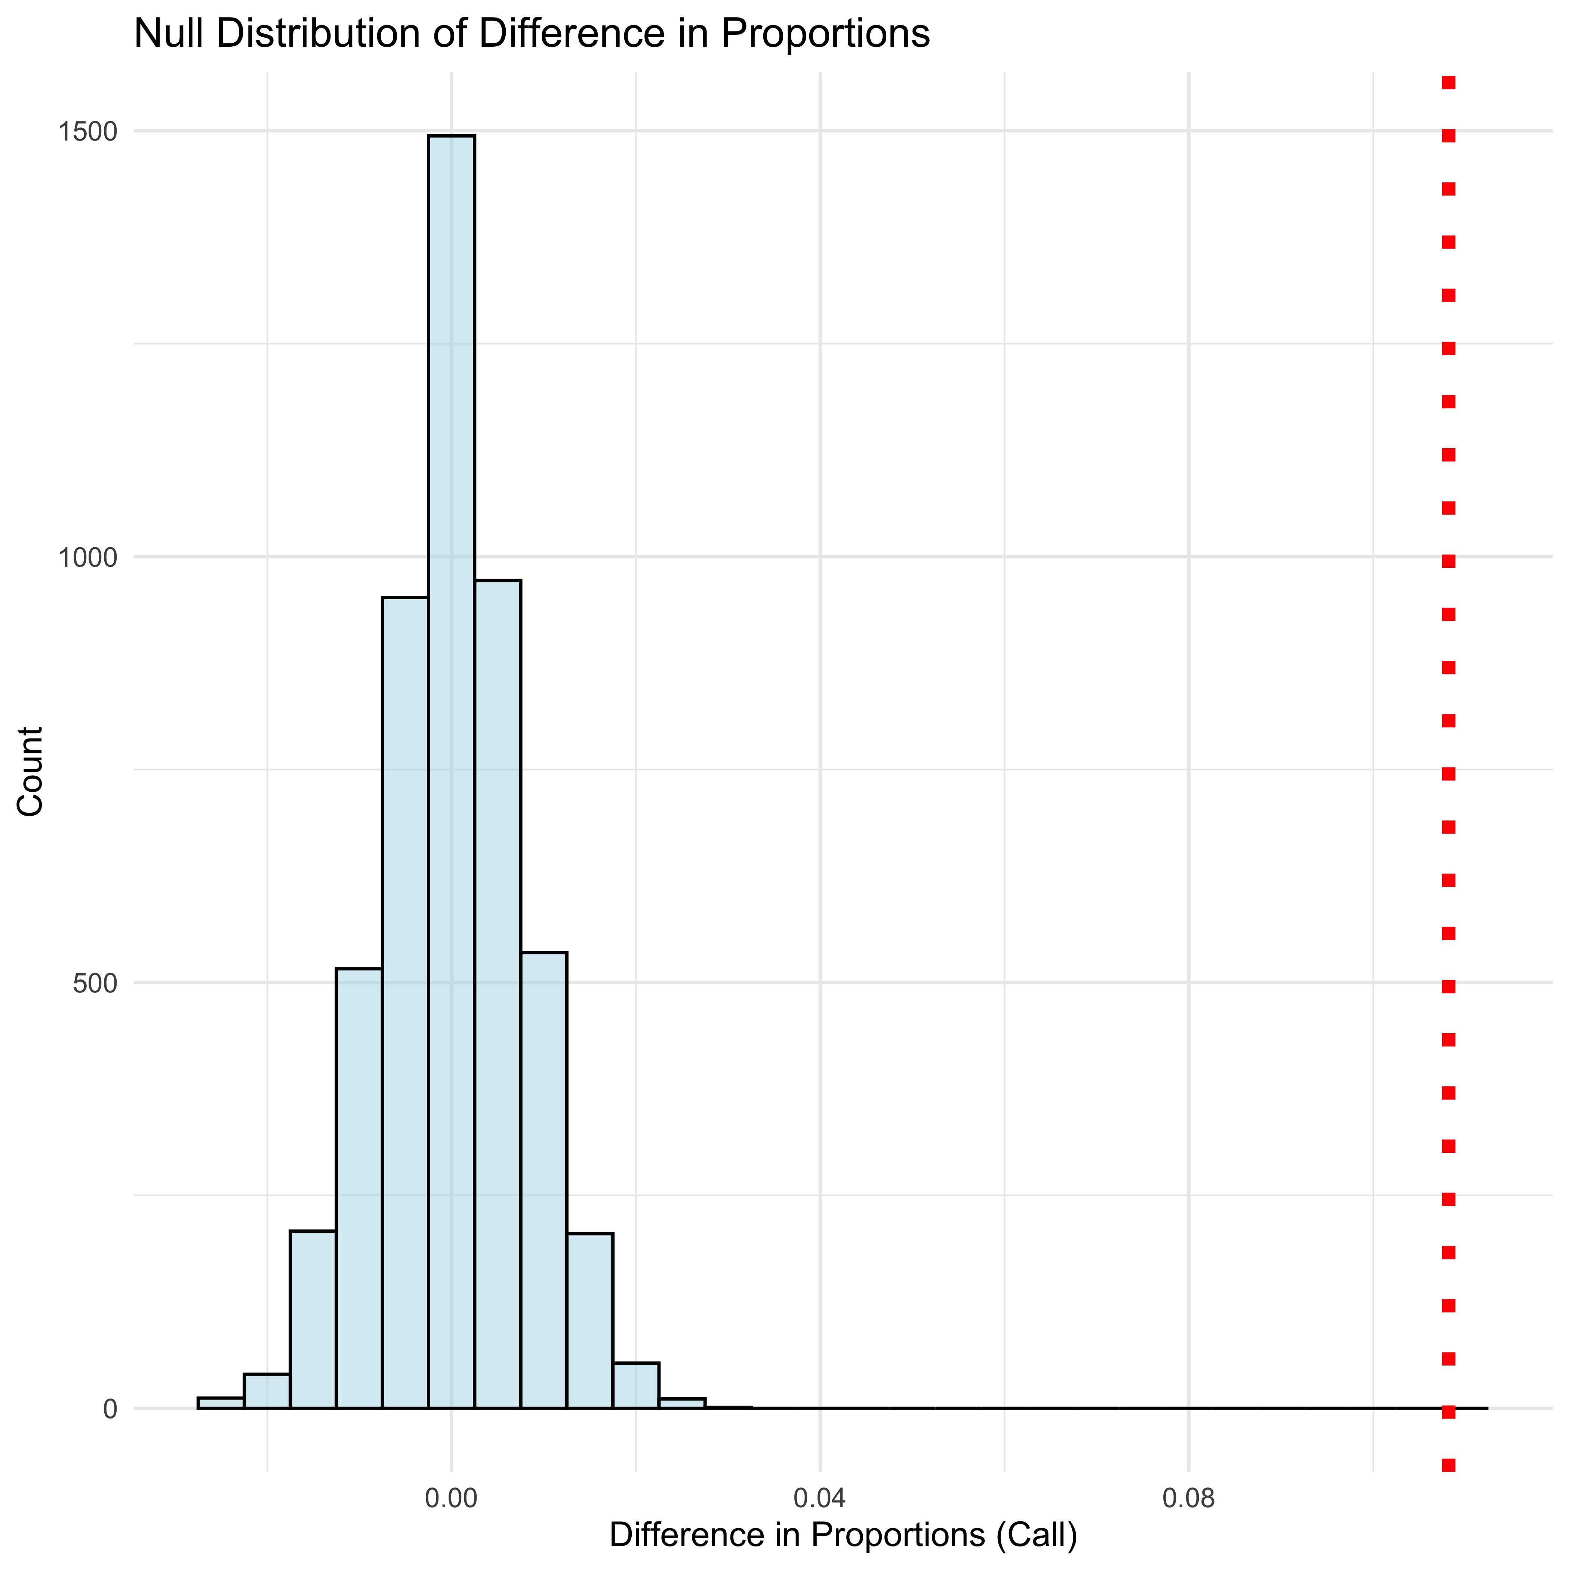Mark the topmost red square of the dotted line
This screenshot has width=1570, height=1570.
(x=1448, y=82)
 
